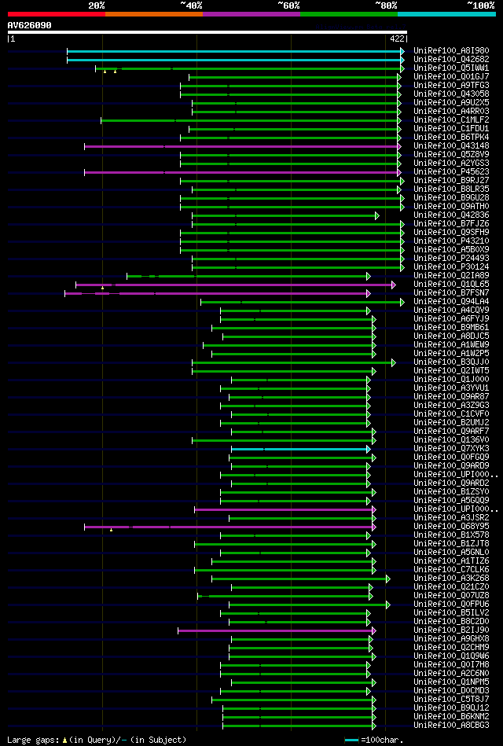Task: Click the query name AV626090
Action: point(30,25)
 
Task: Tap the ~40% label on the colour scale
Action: point(191,6)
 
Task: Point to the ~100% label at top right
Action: point(480,6)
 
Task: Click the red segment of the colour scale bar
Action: point(56,14)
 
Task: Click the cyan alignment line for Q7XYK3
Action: point(299,449)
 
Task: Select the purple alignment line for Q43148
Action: point(236,146)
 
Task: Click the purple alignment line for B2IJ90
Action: point(275,630)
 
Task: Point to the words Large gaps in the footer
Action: point(31,740)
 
